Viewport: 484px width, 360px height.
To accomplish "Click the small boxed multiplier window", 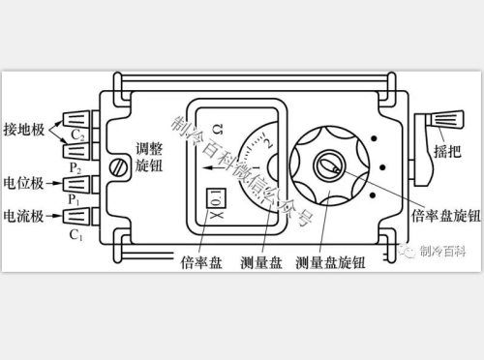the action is point(217,200).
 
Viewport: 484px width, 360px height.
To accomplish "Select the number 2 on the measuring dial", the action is point(267,146).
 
